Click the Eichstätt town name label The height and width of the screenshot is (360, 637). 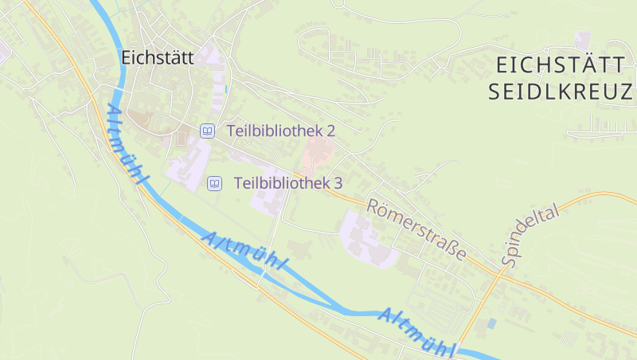(158, 57)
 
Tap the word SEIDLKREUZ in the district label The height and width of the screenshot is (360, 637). (560, 92)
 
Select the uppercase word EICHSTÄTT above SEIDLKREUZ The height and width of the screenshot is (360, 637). (561, 66)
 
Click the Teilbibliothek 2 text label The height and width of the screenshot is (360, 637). (281, 130)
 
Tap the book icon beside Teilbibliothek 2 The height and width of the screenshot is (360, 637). (207, 131)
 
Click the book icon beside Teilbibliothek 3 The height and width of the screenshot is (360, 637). (214, 184)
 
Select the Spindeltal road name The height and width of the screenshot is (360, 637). (531, 233)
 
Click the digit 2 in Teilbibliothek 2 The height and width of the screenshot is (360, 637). (330, 130)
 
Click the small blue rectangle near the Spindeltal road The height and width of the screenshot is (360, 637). (491, 323)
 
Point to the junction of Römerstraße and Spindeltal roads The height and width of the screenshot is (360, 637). (500, 272)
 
